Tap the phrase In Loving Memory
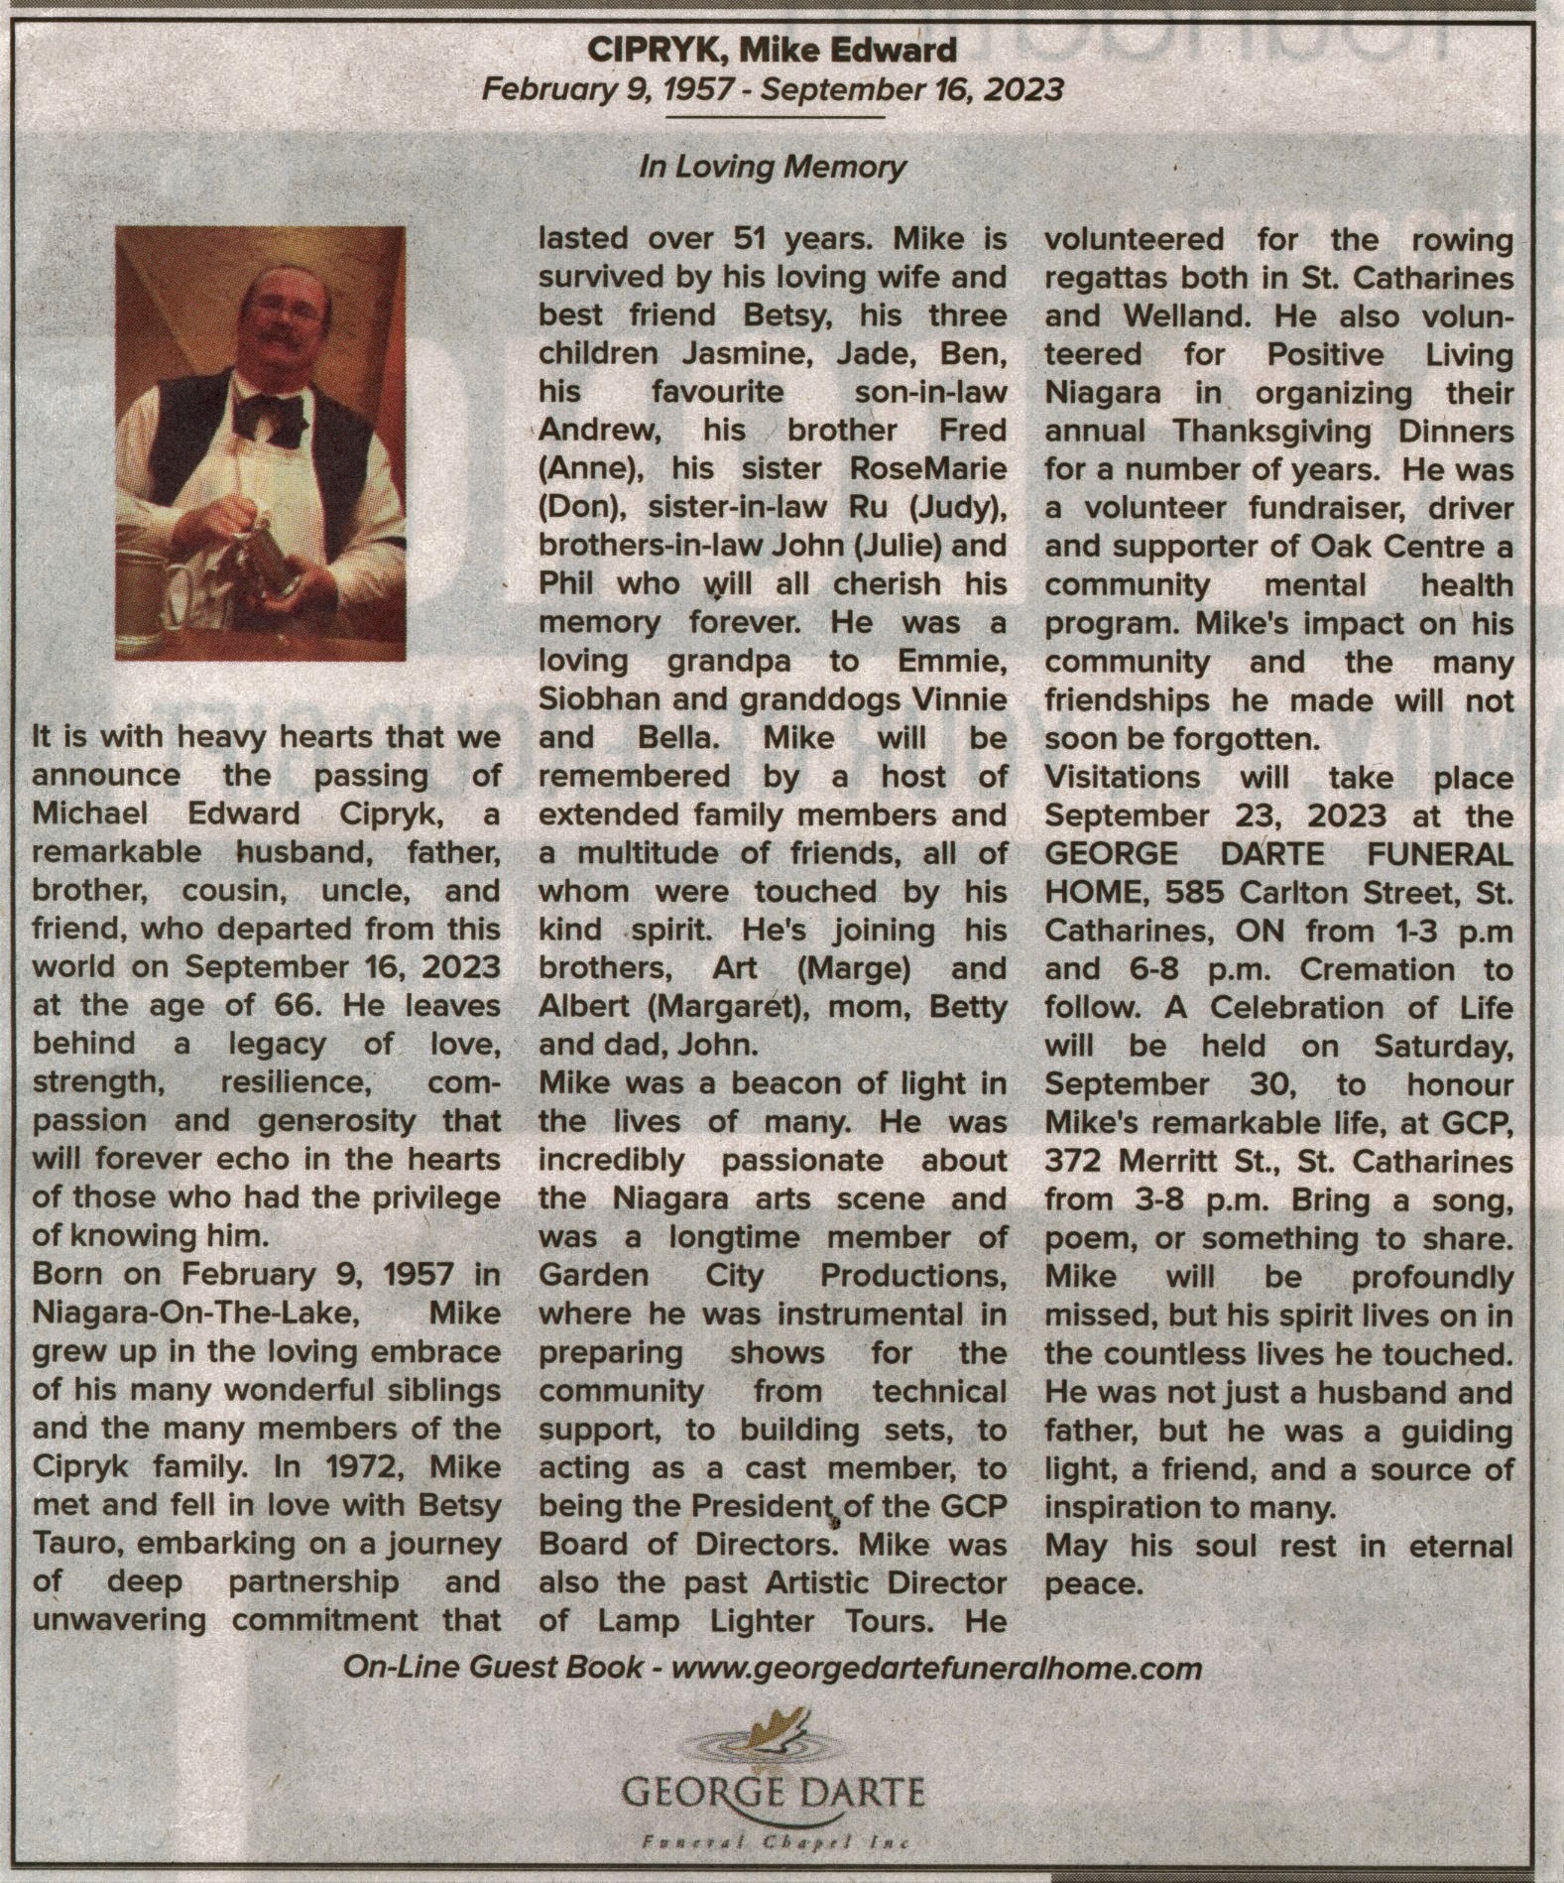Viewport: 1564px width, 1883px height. tap(773, 166)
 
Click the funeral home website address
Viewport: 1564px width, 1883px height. tap(936, 1668)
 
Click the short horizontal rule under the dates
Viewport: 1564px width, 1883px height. tap(773, 118)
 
